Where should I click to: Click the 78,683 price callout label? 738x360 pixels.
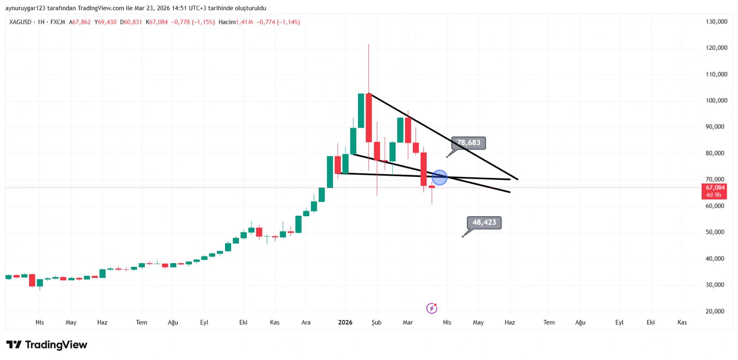coord(468,143)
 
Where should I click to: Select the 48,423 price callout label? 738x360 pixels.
coord(484,223)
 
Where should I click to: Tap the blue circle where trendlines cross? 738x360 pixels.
coord(440,177)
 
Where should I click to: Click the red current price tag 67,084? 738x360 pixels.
coord(714,191)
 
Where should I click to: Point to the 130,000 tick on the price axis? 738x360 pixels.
coord(716,22)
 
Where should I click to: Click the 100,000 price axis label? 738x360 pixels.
coord(716,100)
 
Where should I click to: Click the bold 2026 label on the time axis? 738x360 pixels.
coord(345,323)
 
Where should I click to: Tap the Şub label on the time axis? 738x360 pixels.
coord(376,323)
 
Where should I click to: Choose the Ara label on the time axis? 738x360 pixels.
coord(306,323)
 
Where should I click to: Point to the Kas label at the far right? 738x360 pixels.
coord(682,323)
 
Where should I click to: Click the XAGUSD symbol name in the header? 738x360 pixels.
coord(20,22)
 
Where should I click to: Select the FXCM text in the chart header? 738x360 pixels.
coord(58,22)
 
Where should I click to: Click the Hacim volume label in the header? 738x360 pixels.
coord(227,22)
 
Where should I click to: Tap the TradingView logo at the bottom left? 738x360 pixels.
coord(47,345)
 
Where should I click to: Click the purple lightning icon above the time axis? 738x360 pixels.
coord(432,308)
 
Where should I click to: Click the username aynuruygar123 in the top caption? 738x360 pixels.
coord(25,8)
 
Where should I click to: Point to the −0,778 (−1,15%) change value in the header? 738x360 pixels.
coord(193,22)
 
